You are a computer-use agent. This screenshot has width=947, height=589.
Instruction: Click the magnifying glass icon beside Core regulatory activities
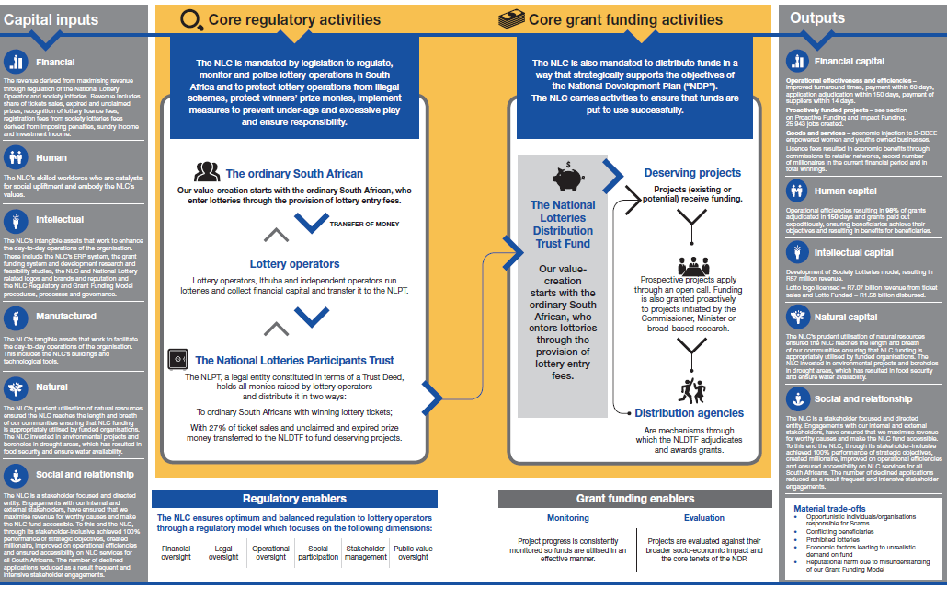(190, 19)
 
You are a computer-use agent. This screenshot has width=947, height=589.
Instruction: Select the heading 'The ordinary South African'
(294, 173)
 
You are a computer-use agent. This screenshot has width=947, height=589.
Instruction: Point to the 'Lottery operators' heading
(294, 264)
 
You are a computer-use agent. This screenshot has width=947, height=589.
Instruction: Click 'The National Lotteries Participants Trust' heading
(294, 361)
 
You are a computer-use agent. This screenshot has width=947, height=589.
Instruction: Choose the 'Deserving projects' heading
(692, 173)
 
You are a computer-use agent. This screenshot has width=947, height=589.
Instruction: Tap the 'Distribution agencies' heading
(689, 413)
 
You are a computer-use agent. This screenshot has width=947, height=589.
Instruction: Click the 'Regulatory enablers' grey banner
(294, 499)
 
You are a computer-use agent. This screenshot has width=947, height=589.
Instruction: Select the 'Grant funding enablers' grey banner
(634, 499)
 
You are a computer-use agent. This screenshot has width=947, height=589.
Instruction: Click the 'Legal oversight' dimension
(223, 552)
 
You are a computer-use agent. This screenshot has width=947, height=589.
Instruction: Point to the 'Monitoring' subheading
(568, 519)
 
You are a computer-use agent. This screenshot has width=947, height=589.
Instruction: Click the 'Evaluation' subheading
(703, 519)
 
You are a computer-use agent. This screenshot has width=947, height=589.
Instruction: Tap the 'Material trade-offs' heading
(829, 508)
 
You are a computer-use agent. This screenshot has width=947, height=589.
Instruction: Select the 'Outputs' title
(816, 18)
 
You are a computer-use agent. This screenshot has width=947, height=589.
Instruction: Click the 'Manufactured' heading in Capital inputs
(66, 317)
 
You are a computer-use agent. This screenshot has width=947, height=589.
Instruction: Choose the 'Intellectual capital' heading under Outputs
(853, 252)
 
